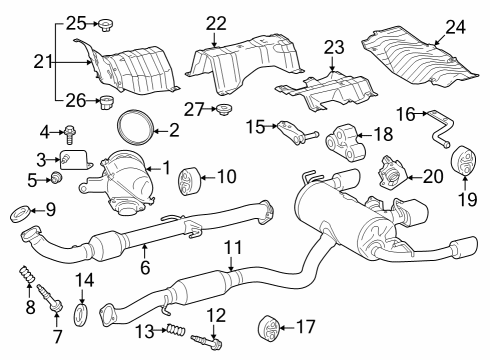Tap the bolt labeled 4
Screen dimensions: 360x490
click(72, 132)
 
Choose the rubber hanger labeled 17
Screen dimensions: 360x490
click(265, 326)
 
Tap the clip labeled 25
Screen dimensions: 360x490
click(103, 22)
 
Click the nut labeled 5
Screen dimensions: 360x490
click(58, 179)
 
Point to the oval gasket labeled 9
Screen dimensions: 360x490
click(17, 211)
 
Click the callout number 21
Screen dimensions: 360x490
click(11, 62)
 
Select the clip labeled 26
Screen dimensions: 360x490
click(103, 100)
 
